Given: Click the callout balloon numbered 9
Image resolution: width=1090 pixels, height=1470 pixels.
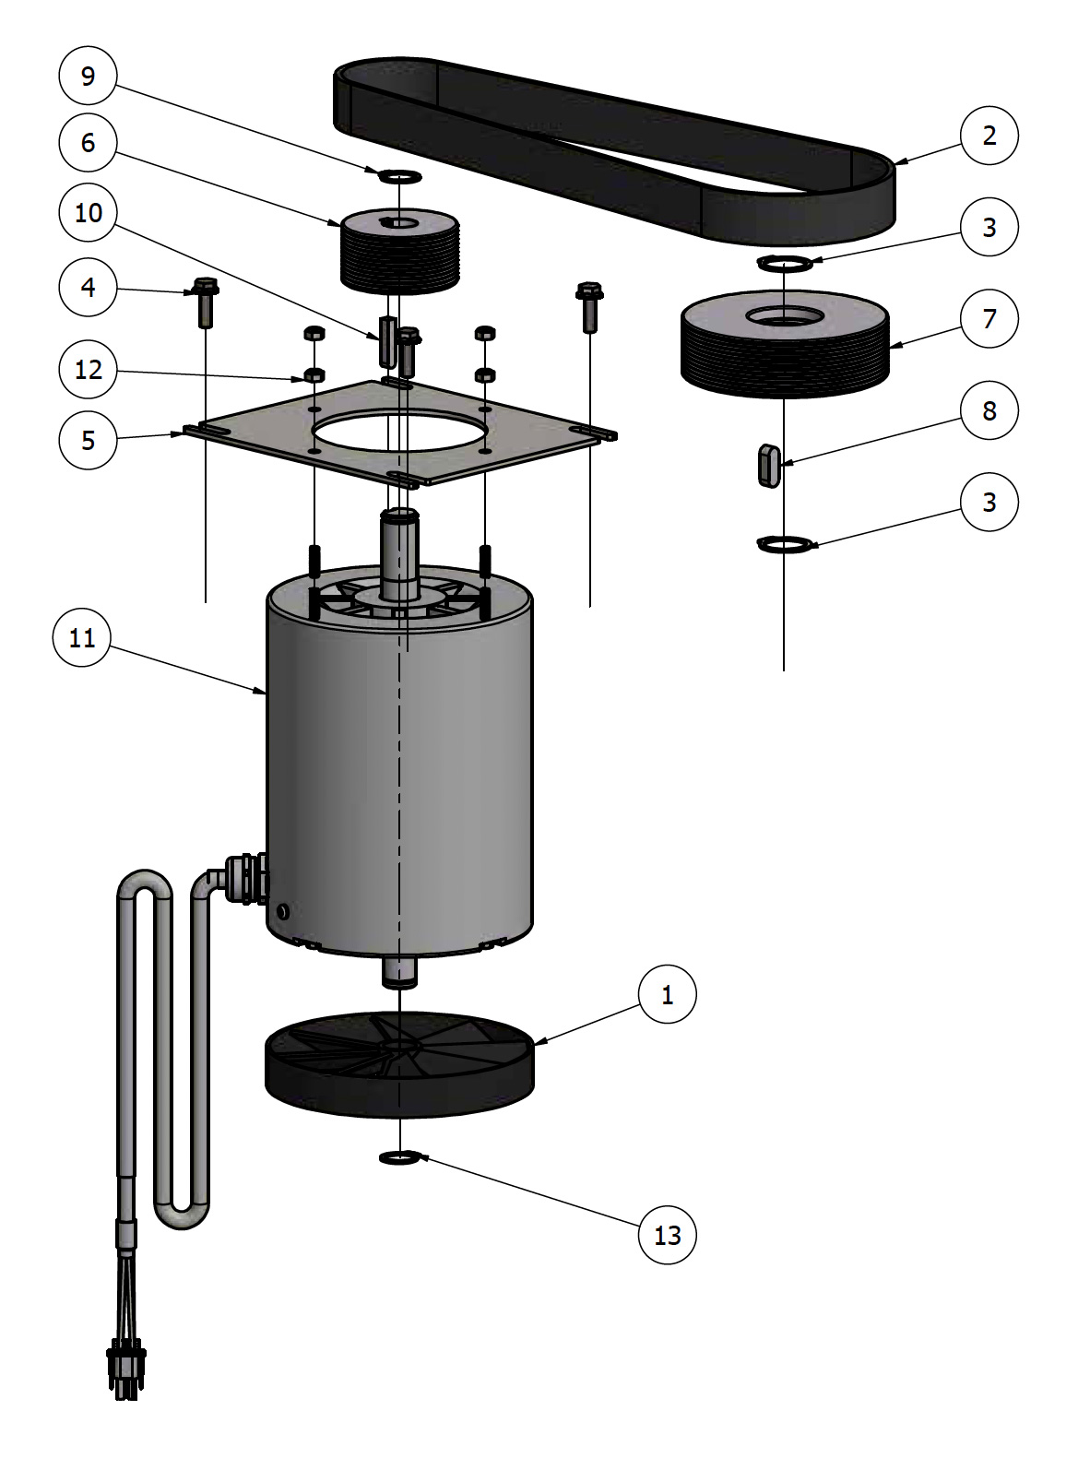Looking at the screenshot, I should coord(88,76).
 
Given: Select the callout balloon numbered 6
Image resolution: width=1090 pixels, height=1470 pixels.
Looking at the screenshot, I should coord(88,142).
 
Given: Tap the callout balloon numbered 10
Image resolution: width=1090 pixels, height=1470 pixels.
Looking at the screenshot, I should coord(88,213).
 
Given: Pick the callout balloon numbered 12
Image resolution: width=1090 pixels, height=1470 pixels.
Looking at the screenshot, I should coord(88,370).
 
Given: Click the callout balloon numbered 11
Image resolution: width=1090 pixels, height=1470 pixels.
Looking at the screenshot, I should coord(82,638).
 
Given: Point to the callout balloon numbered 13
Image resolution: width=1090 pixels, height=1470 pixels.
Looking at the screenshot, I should coord(667,1235).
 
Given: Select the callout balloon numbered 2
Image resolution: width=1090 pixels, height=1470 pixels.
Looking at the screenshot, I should coord(989,136).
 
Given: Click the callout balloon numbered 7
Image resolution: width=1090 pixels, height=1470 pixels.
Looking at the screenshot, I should coord(989,318).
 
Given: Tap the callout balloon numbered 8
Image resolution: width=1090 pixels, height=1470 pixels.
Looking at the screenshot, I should coord(989,410).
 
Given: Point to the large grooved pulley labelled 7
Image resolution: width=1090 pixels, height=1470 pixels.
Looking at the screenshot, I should coord(785,346).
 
